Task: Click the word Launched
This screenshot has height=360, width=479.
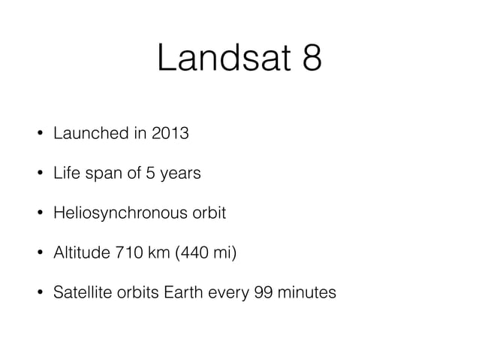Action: [x=85, y=135]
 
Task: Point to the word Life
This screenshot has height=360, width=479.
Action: [x=65, y=174]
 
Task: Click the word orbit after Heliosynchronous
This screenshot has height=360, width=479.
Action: [x=206, y=213]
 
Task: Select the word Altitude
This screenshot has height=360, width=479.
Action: [x=77, y=252]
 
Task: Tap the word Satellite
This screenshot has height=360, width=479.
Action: [x=80, y=291]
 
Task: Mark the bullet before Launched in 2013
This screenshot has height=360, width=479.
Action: [x=37, y=135]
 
